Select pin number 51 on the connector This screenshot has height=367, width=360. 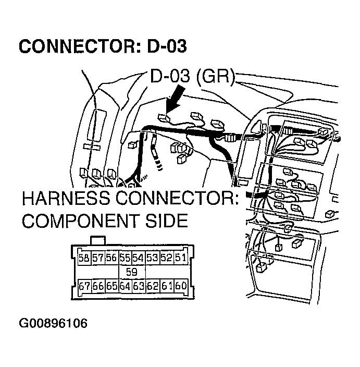click(180, 258)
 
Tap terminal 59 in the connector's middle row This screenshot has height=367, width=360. click(132, 272)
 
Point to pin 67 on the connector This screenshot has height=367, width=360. click(84, 286)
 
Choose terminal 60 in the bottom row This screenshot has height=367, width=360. click(180, 286)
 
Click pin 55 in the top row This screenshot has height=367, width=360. click(125, 258)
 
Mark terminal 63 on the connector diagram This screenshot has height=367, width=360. click(139, 286)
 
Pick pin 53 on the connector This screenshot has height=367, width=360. click(153, 258)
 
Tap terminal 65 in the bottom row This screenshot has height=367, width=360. click(111, 286)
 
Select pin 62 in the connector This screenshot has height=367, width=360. click(153, 286)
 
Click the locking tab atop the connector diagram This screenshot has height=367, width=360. click(98, 240)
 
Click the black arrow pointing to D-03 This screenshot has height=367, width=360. click(173, 104)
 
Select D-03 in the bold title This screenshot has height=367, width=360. click(166, 46)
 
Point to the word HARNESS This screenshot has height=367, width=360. click(71, 200)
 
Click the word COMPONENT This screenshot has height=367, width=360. click(82, 221)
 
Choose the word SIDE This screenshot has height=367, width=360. click(166, 221)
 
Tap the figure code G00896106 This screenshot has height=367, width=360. click(53, 323)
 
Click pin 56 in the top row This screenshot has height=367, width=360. click(111, 258)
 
